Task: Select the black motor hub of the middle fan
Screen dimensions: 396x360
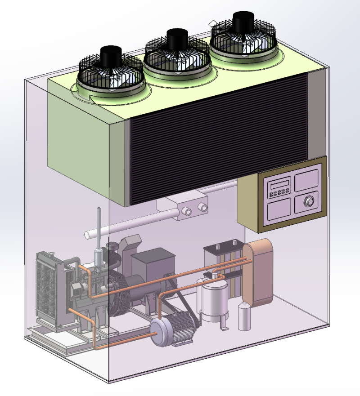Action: pos(176,39)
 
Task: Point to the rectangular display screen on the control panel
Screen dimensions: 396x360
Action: pos(278,185)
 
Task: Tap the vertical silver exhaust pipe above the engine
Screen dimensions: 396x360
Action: pos(98,234)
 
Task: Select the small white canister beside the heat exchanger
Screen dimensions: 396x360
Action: pos(244,317)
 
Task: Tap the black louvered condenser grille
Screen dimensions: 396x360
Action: pos(218,139)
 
